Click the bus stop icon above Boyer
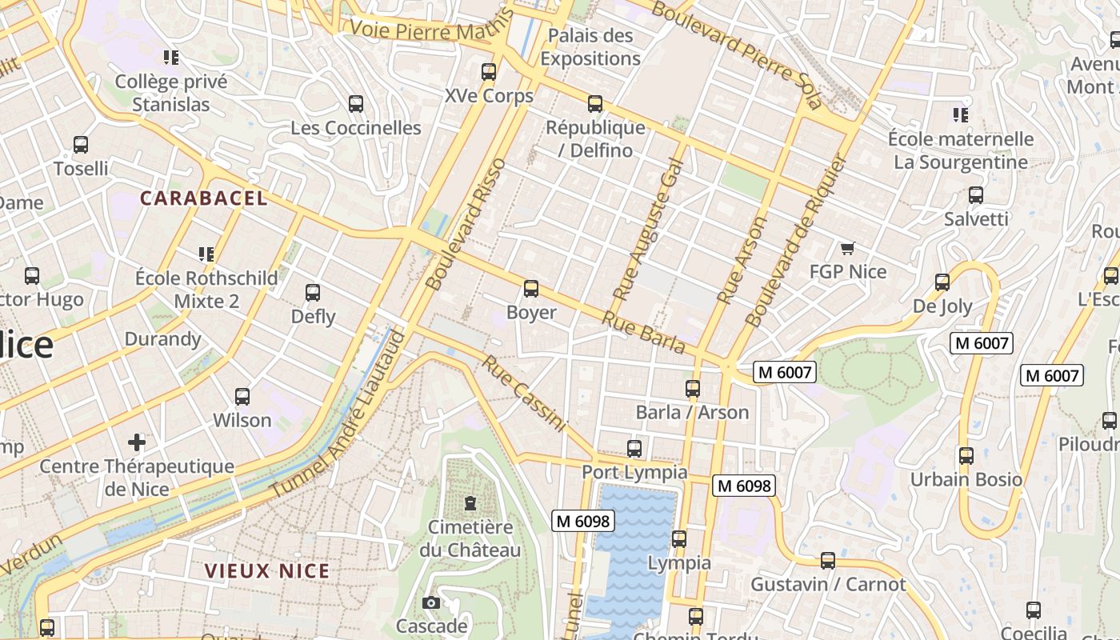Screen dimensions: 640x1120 tap(530, 289)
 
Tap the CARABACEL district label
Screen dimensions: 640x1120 tap(204, 198)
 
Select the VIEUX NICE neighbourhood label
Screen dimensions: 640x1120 tap(267, 571)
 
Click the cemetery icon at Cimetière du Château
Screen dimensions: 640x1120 tap(470, 504)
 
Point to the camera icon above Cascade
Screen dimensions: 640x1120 tap(431, 602)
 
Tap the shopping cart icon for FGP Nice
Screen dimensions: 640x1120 tap(847, 248)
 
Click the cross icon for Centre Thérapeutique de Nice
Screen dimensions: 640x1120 tap(137, 442)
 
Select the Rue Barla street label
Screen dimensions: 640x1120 tap(644, 332)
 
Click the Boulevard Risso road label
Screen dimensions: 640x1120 tap(466, 224)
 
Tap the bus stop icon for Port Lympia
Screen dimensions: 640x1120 tap(634, 448)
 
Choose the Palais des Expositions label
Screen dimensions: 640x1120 tap(590, 47)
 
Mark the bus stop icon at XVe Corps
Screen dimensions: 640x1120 tap(489, 72)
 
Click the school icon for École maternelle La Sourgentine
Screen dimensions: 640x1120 tap(961, 115)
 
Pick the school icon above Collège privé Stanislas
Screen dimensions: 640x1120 tap(170, 58)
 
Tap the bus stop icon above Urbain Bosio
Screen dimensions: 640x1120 tap(966, 456)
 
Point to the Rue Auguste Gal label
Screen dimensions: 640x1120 tap(648, 230)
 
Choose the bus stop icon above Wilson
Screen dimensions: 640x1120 tap(242, 396)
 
